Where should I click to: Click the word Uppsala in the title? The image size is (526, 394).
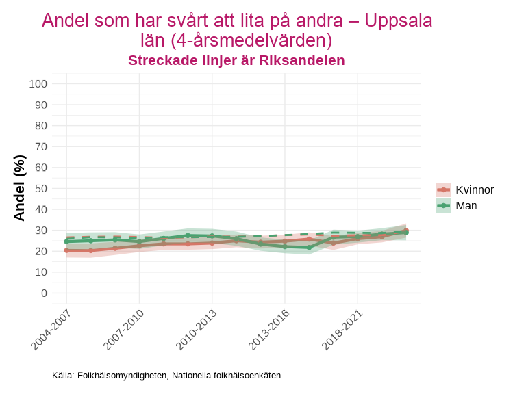[x=399, y=21]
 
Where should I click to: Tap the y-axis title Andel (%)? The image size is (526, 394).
[x=20, y=188]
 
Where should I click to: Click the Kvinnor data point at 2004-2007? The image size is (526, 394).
[x=66, y=250]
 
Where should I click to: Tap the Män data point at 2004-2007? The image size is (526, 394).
[x=66, y=241]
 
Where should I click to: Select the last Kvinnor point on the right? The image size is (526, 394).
[x=406, y=231]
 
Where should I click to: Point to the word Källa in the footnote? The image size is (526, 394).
[x=63, y=376]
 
